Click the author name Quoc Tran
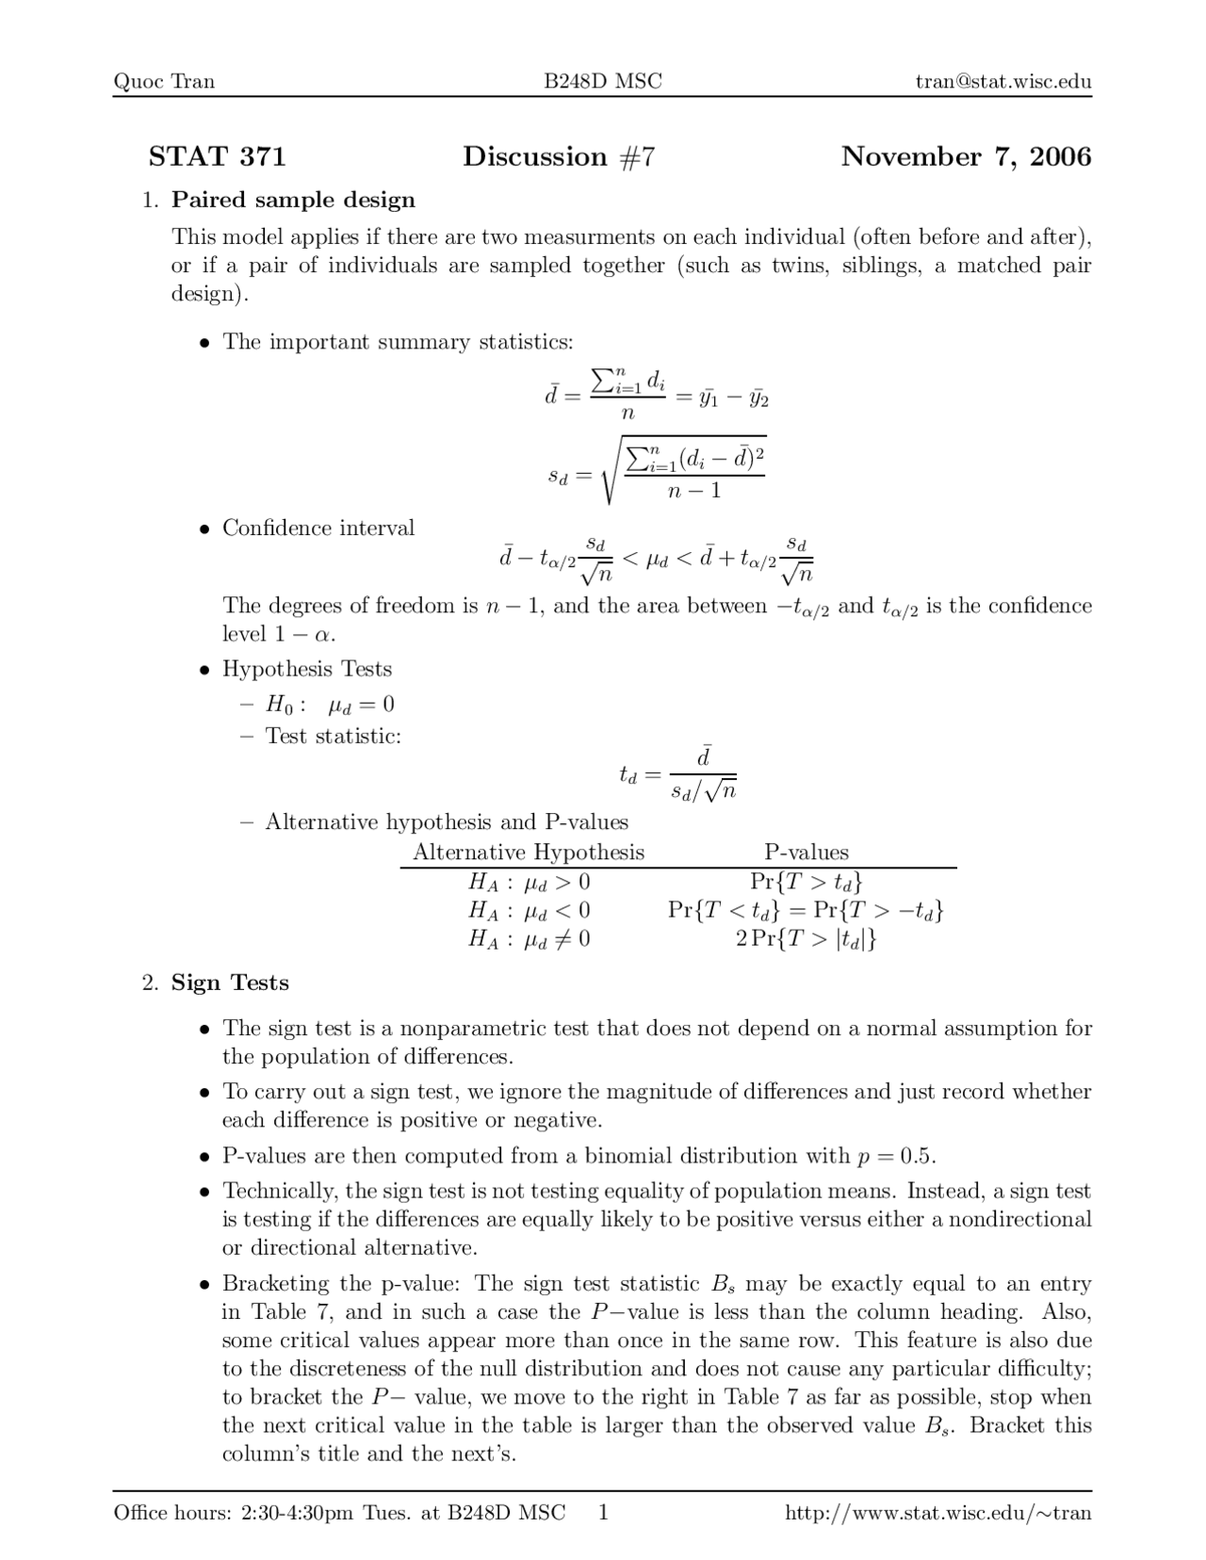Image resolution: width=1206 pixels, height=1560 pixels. coord(164,81)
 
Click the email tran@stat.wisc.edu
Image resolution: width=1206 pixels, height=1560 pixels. coord(1003,81)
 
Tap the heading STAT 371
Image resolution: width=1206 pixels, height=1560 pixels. coord(217,156)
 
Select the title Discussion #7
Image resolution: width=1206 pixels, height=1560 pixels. coord(558,156)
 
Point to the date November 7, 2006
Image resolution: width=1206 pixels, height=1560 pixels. coord(966,156)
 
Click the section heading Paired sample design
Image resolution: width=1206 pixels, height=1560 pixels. coord(293,200)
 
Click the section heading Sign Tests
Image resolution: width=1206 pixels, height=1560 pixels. coord(230,983)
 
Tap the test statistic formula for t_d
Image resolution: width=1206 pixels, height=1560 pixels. coord(676,774)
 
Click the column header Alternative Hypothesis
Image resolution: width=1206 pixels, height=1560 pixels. coord(529,853)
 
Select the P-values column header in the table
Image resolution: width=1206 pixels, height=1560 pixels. coord(806,853)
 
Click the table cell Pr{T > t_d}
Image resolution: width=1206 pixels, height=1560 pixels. coord(806,882)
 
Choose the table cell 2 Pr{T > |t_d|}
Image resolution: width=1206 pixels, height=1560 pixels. coord(806,938)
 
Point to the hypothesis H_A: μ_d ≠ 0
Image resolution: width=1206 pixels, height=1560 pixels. coord(529,938)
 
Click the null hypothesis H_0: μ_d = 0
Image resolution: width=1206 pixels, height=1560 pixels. coord(330,705)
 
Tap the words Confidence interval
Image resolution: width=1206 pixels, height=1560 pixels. coord(318,528)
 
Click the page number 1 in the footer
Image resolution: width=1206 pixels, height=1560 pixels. coord(604,1513)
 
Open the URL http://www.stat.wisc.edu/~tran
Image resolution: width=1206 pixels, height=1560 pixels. coord(937,1513)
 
